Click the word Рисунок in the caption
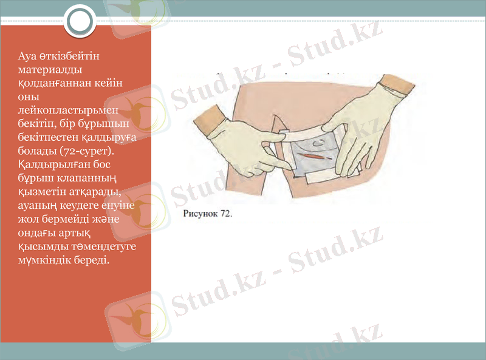(x=200, y=214)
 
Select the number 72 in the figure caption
(x=225, y=214)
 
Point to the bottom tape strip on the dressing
(x=318, y=177)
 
